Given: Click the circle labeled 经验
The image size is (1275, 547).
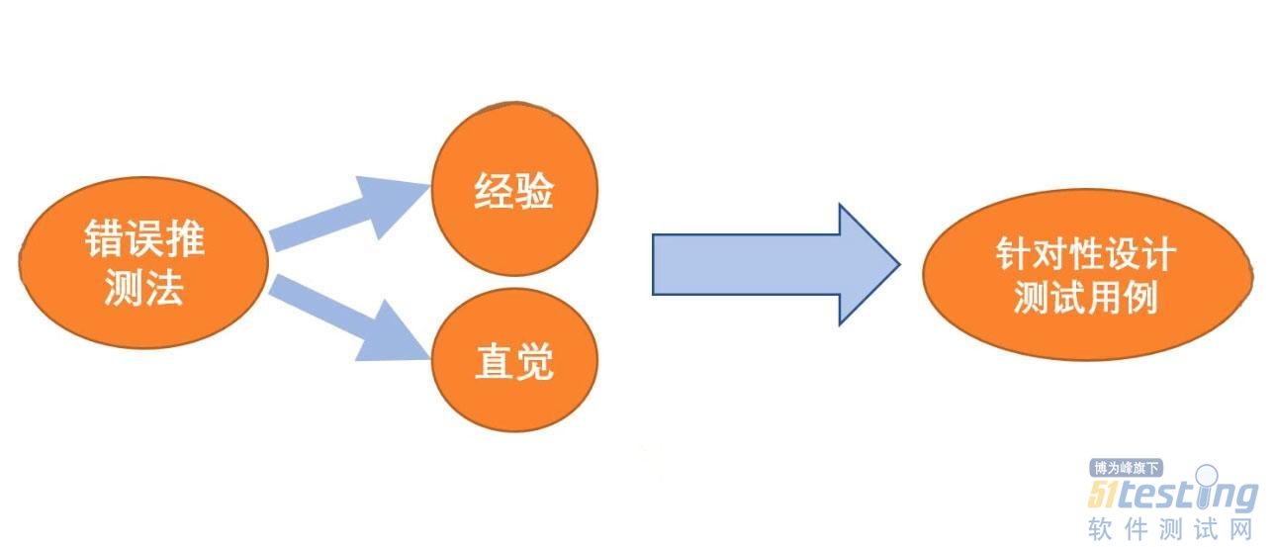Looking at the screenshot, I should click(x=514, y=193).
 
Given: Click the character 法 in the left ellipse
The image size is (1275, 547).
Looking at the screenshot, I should click(x=165, y=288).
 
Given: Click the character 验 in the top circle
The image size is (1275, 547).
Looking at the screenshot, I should click(x=535, y=193).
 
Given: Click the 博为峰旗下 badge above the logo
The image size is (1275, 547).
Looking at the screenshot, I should click(x=1125, y=469).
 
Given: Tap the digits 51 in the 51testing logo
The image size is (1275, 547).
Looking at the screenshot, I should click(x=1105, y=495).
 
